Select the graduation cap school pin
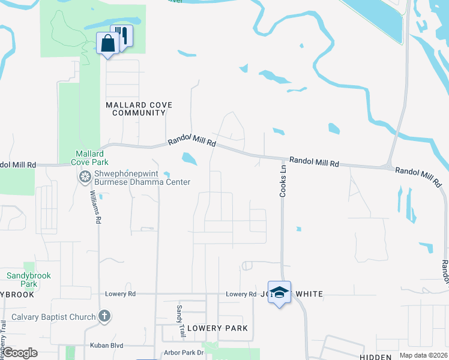point(279,292)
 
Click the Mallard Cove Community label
point(139,109)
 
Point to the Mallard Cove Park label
point(89,157)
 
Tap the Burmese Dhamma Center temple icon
point(85,176)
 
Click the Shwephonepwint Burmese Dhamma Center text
point(142,178)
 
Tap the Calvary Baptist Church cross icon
point(104,317)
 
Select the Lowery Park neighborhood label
point(217,328)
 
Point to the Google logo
point(20,352)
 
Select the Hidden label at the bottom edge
point(376,357)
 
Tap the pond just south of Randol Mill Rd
point(189,158)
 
